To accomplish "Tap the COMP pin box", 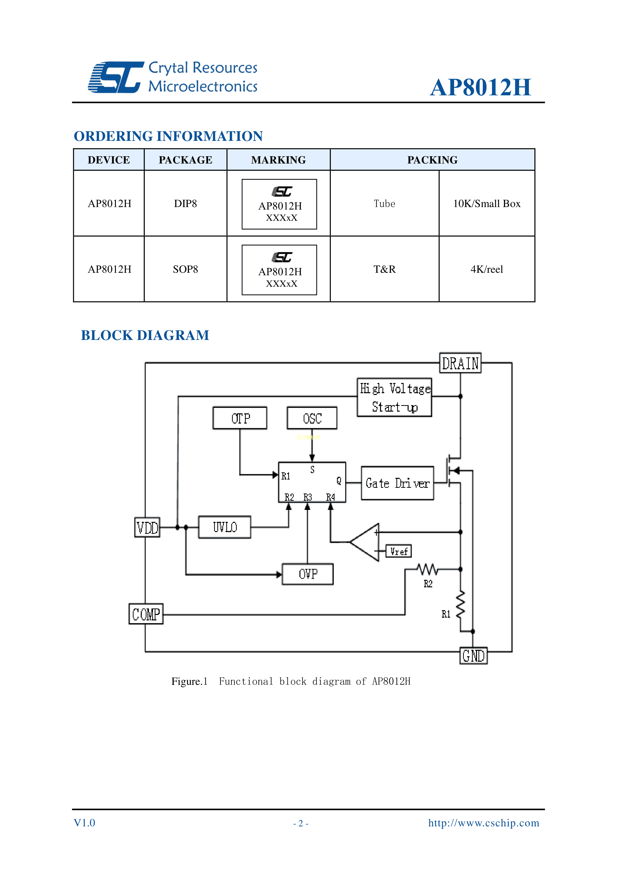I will click(146, 614).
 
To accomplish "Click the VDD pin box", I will click(147, 527).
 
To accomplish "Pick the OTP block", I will click(240, 418).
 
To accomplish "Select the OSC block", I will click(312, 418).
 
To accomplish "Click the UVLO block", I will click(225, 527).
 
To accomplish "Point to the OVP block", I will click(308, 574).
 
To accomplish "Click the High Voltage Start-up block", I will click(395, 397).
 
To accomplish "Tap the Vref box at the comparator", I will click(399, 551).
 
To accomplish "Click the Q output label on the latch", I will click(338, 481).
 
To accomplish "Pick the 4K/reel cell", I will click(487, 269).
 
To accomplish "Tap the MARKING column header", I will click(279, 160).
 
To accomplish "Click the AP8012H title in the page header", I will click(481, 87).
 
